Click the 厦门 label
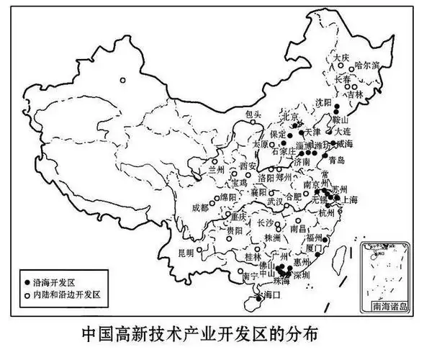pos(315,247)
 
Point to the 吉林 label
pos(354,94)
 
